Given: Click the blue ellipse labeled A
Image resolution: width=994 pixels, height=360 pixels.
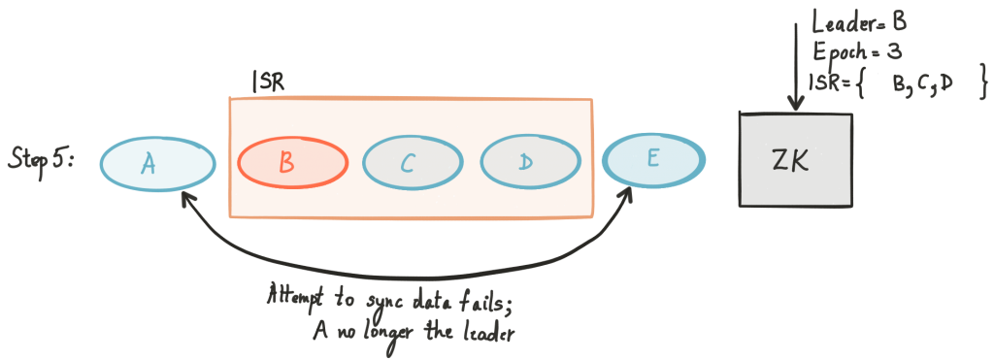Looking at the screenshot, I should [x=157, y=163].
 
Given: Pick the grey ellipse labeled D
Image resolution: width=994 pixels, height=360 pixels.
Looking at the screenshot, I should [x=530, y=162].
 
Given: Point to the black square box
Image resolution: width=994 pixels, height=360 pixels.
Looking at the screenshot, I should [x=796, y=160].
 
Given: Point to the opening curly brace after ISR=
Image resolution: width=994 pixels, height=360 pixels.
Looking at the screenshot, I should [x=868, y=85].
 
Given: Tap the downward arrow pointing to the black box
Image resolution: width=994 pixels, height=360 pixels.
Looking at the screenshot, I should [x=796, y=68].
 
